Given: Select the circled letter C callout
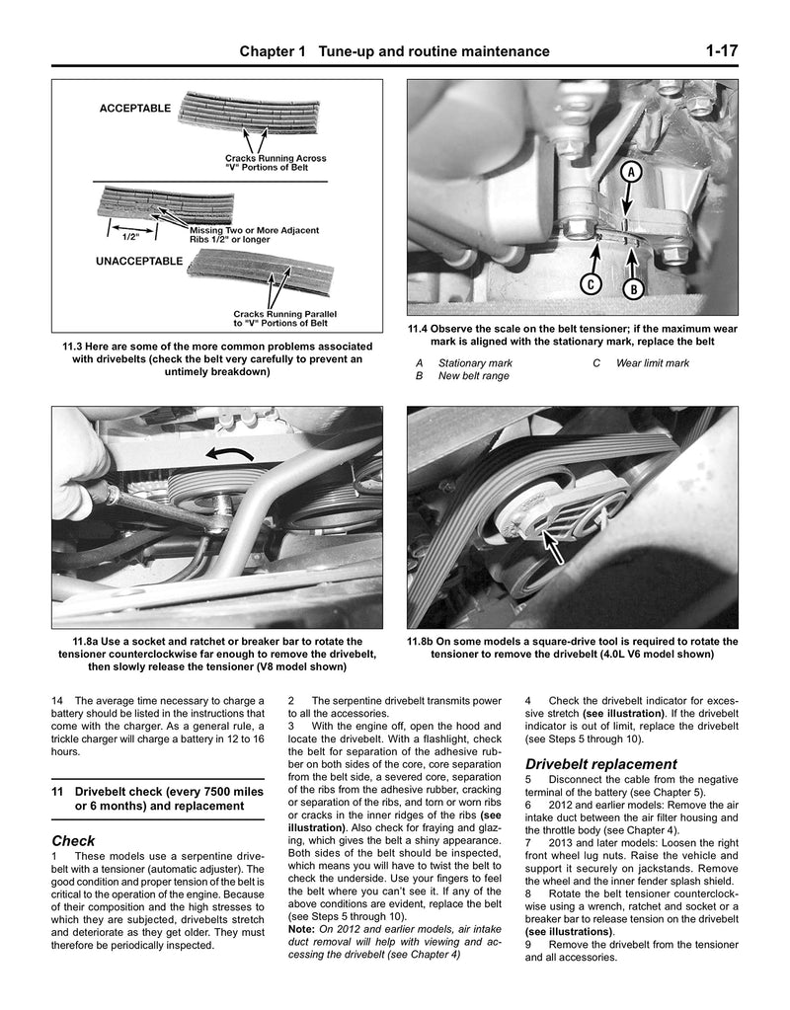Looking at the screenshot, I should tap(590, 284).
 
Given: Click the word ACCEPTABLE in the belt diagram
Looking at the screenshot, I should tap(134, 108).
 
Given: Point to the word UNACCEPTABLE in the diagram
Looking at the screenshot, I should tap(140, 262).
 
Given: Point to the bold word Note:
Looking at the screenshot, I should tap(301, 929).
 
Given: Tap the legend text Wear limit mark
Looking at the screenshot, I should tap(653, 363).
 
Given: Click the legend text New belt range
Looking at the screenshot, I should tap(474, 376).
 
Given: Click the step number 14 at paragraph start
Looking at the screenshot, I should tap(56, 701).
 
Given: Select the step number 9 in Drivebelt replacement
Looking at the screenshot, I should tap(529, 944).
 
